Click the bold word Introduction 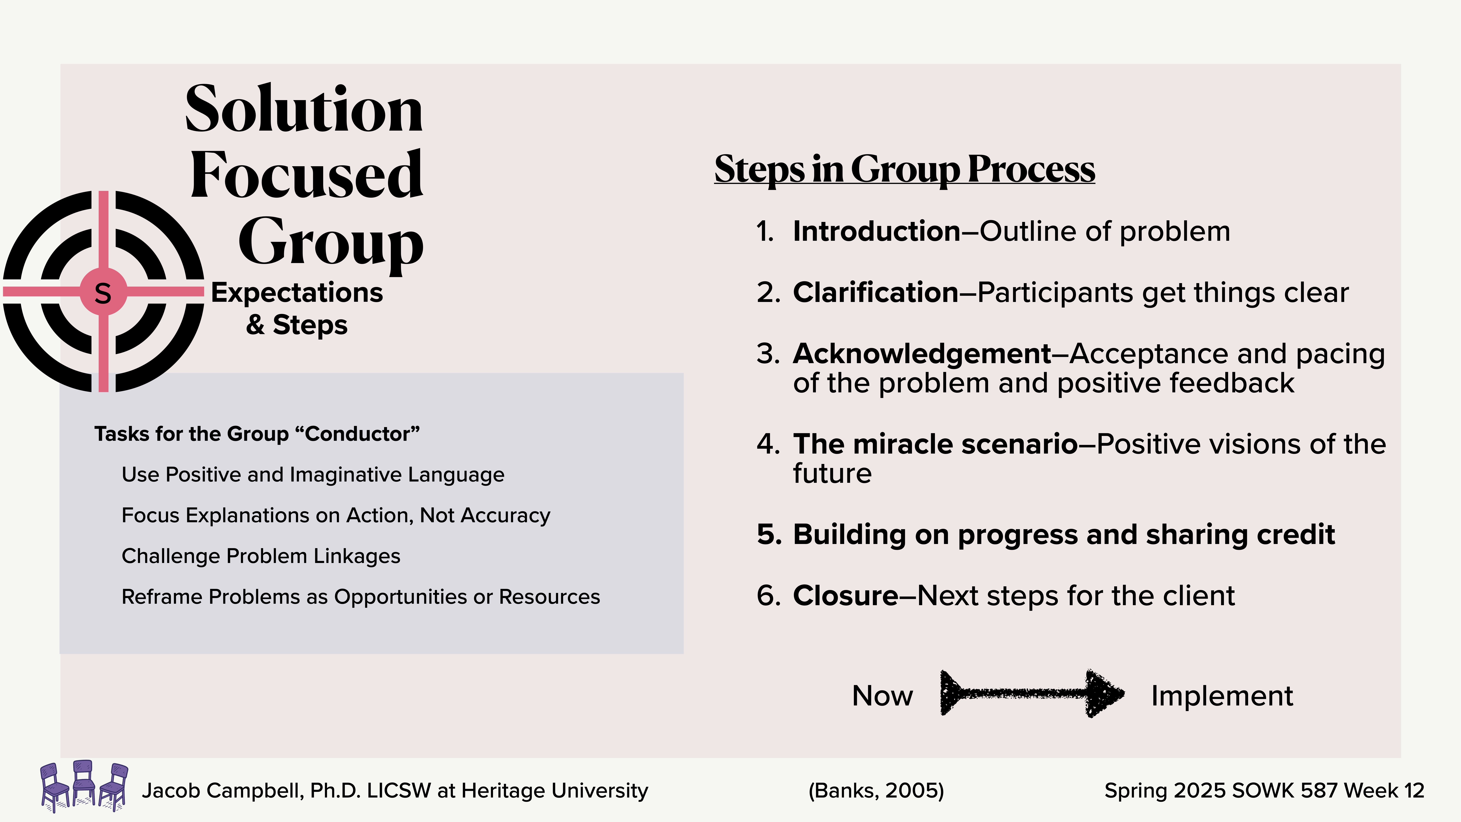(876, 231)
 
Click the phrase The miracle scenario (935, 444)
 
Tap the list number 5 (769, 535)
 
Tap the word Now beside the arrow (883, 696)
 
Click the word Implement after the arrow (1222, 696)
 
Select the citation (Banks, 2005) (876, 790)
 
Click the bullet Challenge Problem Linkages (261, 556)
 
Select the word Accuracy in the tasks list (505, 515)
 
